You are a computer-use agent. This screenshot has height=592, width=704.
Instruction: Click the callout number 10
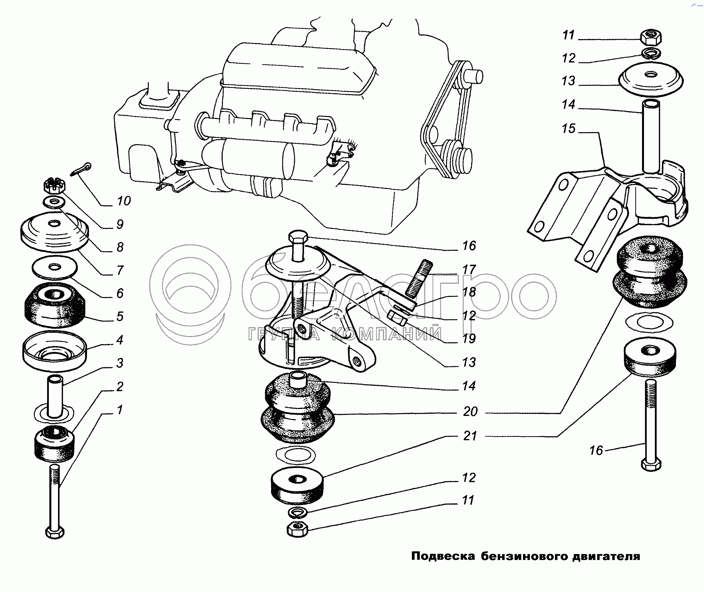[123, 201]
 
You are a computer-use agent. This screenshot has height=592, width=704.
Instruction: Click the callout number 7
[120, 270]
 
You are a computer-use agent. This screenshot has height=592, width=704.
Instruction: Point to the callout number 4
[120, 340]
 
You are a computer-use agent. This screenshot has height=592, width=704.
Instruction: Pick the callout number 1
[120, 409]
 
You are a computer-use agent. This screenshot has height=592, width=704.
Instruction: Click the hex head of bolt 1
[55, 532]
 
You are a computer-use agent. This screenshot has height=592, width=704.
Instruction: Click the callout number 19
[469, 339]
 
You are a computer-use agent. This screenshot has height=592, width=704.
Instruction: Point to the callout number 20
[470, 411]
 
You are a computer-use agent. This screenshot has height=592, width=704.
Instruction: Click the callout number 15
[568, 128]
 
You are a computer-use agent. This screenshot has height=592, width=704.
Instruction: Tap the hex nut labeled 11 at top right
[651, 37]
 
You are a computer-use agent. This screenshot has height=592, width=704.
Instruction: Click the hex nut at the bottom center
[297, 530]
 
